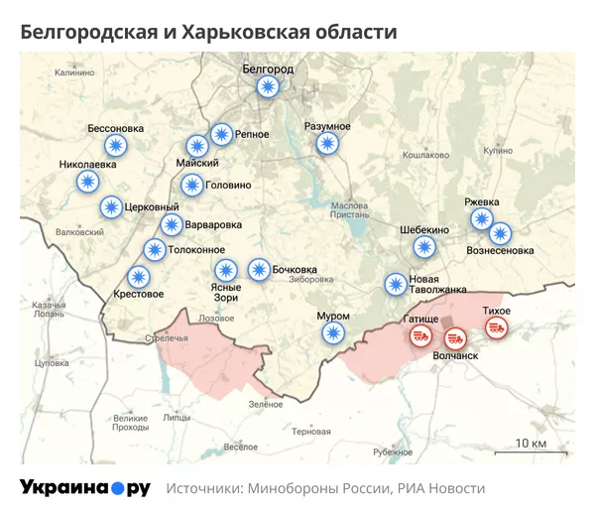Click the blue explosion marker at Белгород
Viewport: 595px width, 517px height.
[267, 87]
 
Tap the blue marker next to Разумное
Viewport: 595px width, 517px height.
[326, 144]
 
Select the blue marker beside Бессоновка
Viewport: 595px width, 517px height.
[117, 146]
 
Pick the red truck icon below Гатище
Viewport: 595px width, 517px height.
[421, 337]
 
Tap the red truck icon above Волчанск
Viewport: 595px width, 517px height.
[454, 339]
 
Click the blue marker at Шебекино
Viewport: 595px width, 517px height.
[423, 247]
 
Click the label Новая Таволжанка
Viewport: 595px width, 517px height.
[437, 284]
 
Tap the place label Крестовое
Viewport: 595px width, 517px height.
[139, 294]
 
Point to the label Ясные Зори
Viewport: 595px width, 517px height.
[225, 292]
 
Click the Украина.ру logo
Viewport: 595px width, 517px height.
[85, 487]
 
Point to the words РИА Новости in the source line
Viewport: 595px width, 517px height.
[441, 488]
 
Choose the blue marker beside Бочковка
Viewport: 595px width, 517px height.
[259, 269]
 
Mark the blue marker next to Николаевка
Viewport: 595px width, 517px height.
[89, 182]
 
